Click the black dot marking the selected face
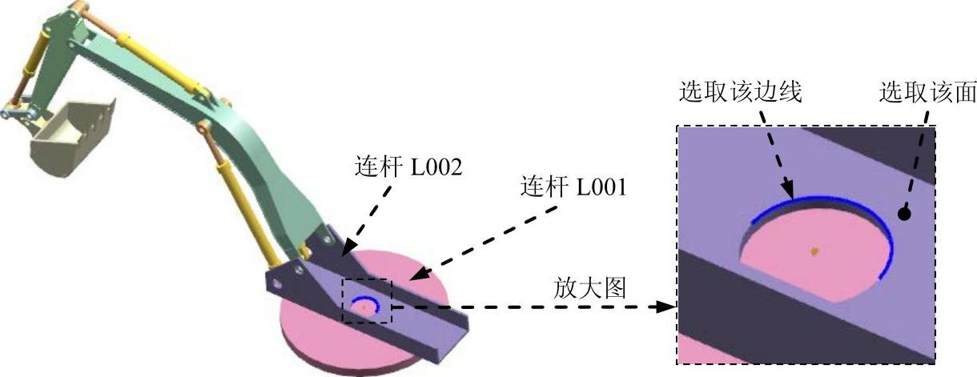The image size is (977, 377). pos(904,213)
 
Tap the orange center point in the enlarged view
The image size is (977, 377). pos(814,251)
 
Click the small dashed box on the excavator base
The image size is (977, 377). pos(368,301)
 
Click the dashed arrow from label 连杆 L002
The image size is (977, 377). pos(368,219)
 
